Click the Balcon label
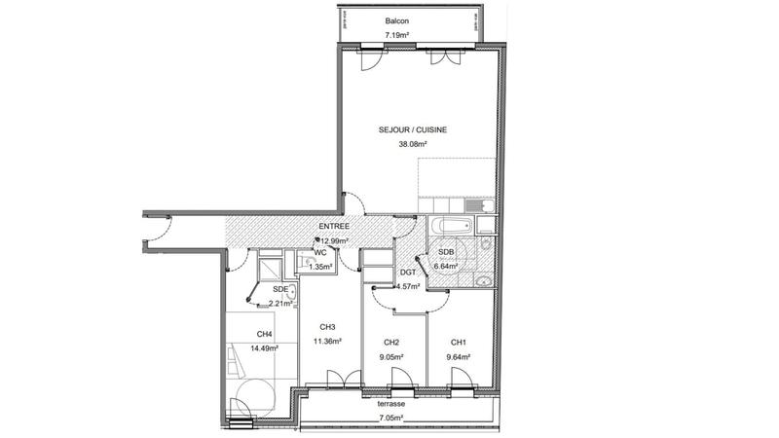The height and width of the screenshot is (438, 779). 396,20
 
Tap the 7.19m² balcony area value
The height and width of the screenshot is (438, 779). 396,35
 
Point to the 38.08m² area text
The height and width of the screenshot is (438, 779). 414,144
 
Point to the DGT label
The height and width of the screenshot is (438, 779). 408,273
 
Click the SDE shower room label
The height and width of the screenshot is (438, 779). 280,289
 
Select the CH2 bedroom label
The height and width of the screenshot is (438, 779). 392,342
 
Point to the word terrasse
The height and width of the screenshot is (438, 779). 391,402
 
